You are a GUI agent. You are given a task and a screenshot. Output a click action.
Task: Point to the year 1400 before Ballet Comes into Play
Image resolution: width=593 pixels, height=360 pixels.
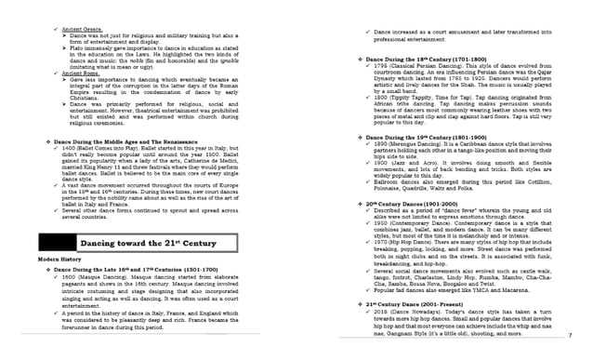66,149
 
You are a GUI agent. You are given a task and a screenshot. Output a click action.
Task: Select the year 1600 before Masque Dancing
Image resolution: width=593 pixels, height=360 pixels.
67,276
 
